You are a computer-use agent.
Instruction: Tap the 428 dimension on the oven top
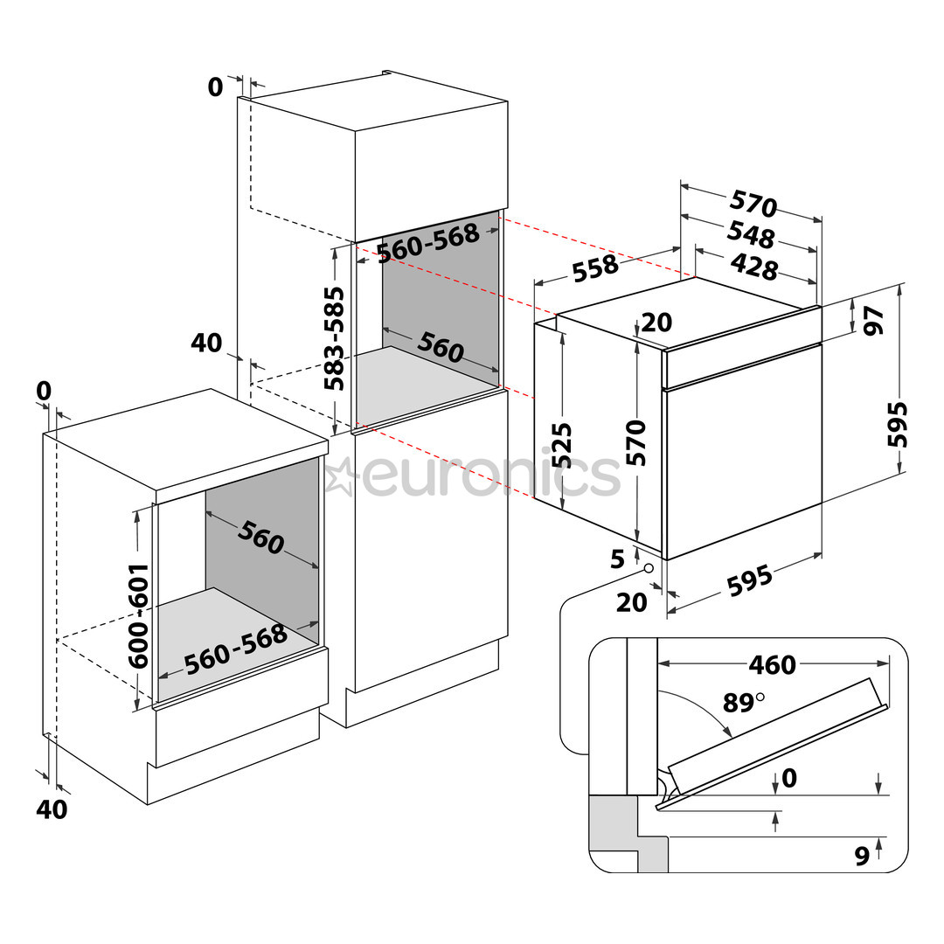tap(753, 266)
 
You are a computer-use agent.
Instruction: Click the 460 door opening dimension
tap(772, 665)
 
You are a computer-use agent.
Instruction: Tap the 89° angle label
tap(742, 701)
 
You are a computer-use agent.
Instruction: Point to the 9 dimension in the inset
tap(862, 857)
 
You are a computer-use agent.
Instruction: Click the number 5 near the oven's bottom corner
tap(617, 559)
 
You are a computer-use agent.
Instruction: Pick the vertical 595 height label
tap(898, 424)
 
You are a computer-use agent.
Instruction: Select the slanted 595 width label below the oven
tap(749, 582)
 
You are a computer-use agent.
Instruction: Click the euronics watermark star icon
tap(340, 475)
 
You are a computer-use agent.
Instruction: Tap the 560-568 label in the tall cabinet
tap(428, 242)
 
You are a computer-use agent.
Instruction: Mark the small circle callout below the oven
tap(649, 568)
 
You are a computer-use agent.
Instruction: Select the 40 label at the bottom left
tap(52, 809)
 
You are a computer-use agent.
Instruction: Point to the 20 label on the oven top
tap(656, 323)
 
